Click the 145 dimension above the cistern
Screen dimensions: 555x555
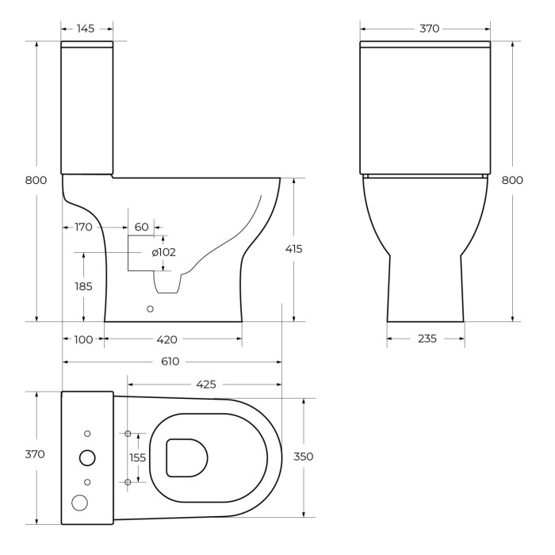86,29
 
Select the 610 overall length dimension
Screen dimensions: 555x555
171,362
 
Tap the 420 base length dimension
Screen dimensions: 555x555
166,339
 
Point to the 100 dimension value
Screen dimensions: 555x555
84,339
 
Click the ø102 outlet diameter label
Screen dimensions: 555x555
163,252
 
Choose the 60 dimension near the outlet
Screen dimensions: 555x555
142,227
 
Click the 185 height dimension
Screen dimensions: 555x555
83,286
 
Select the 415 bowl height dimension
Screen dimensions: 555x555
293,249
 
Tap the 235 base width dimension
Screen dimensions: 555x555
427,339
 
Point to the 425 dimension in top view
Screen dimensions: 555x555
205,385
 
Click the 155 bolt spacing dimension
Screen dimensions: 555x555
138,457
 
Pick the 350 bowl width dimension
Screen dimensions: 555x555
304,457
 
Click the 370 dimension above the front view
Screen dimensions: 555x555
429,29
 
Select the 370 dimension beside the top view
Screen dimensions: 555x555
35,454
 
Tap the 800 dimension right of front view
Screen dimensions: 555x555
512,180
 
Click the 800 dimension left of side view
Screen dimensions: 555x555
36,180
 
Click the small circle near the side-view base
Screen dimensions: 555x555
151,308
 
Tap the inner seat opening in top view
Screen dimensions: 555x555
188,457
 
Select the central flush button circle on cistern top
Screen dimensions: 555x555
88,457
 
